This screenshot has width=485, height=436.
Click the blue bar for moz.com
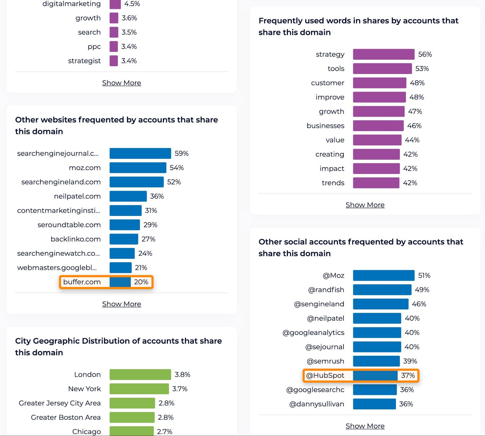(x=138, y=168)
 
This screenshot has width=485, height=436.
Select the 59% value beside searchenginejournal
(x=181, y=154)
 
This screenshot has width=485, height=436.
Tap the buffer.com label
(x=82, y=282)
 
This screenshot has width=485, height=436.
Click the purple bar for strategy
(x=383, y=54)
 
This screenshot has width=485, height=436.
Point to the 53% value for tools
(x=422, y=69)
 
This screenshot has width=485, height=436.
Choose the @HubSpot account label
(x=325, y=375)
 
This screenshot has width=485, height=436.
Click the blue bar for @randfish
(x=382, y=290)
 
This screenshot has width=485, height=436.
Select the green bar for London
(x=140, y=375)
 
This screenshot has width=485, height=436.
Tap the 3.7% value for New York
(x=180, y=389)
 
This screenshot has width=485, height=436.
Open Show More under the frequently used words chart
(x=365, y=205)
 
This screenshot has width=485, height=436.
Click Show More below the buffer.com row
(x=122, y=304)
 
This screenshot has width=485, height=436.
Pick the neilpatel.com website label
(x=77, y=196)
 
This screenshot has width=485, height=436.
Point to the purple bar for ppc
(x=114, y=47)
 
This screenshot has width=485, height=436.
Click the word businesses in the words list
(x=325, y=126)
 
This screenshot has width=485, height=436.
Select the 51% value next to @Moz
(x=424, y=276)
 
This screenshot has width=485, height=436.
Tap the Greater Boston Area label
(x=66, y=417)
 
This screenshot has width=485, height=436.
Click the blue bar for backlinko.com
(x=124, y=239)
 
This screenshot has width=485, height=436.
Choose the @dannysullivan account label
(x=317, y=404)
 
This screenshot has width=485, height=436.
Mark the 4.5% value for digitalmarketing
(x=132, y=4)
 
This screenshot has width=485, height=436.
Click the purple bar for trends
(x=376, y=183)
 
